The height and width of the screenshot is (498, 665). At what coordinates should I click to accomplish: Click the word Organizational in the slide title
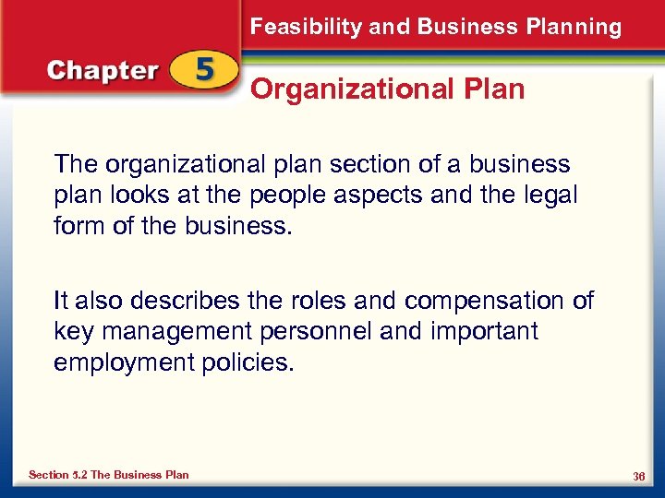(352, 89)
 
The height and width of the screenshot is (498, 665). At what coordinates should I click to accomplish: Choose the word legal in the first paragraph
(550, 195)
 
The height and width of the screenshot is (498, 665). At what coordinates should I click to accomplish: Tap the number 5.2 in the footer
(78, 475)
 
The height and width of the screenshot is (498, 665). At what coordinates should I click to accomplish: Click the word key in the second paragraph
(72, 331)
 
